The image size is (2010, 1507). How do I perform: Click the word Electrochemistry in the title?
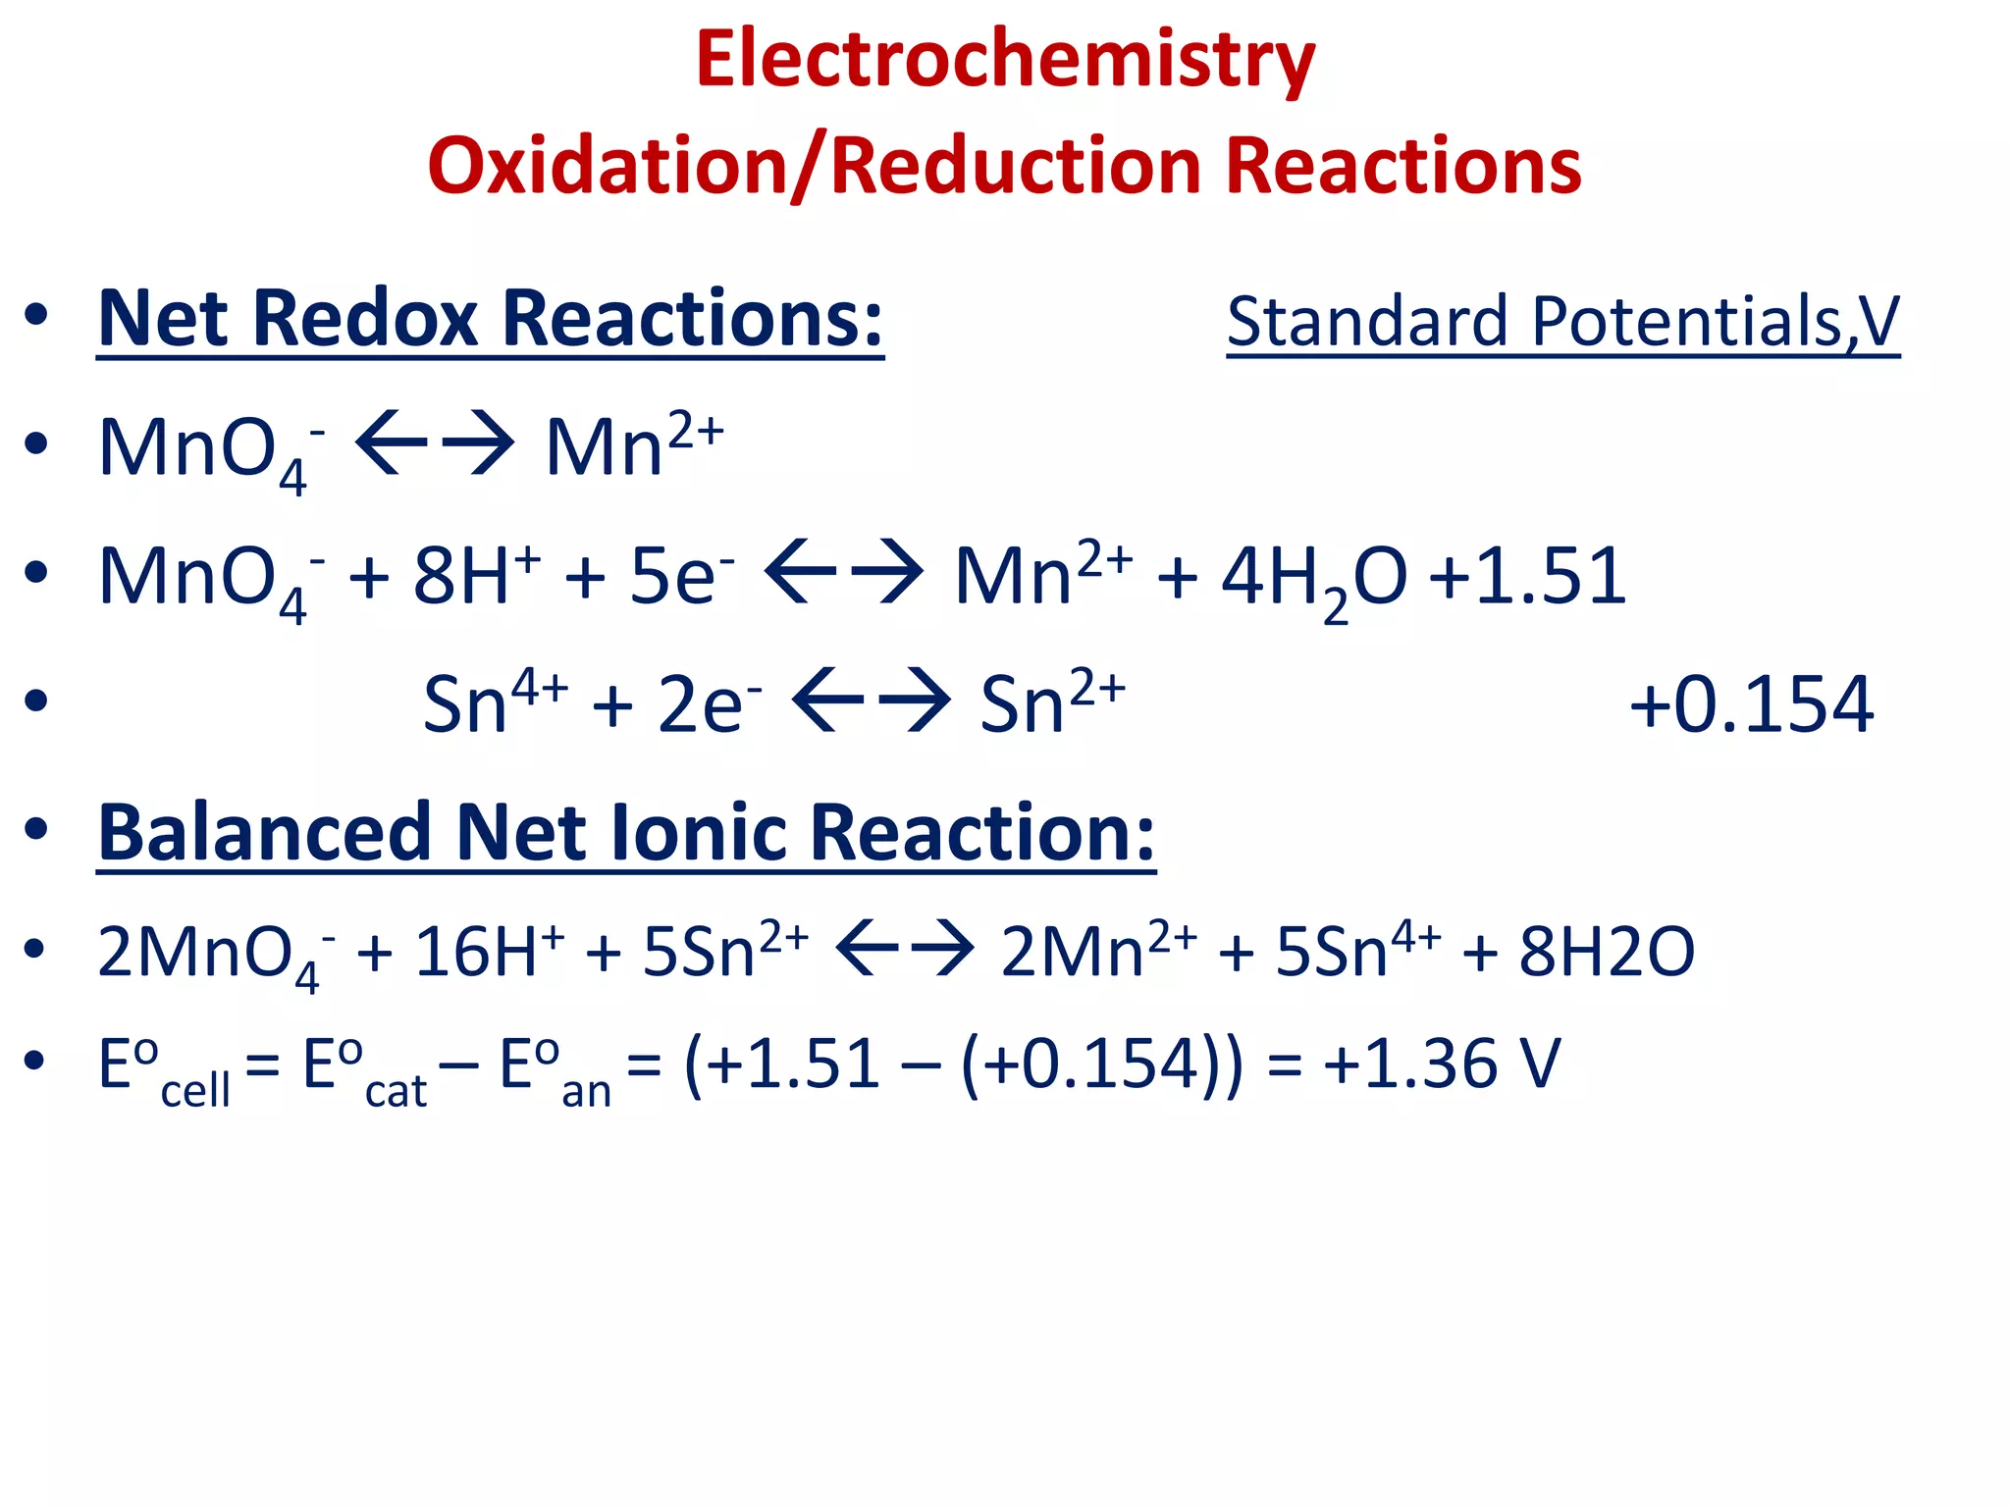1005,61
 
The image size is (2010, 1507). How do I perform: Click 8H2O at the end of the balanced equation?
1606,952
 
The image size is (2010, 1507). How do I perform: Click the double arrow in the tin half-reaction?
871,701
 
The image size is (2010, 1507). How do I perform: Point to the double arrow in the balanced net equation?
905,949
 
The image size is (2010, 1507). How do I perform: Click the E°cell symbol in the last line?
163,1069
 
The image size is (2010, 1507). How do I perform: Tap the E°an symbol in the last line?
555,1069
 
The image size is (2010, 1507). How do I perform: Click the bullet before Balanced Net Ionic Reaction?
36,830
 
